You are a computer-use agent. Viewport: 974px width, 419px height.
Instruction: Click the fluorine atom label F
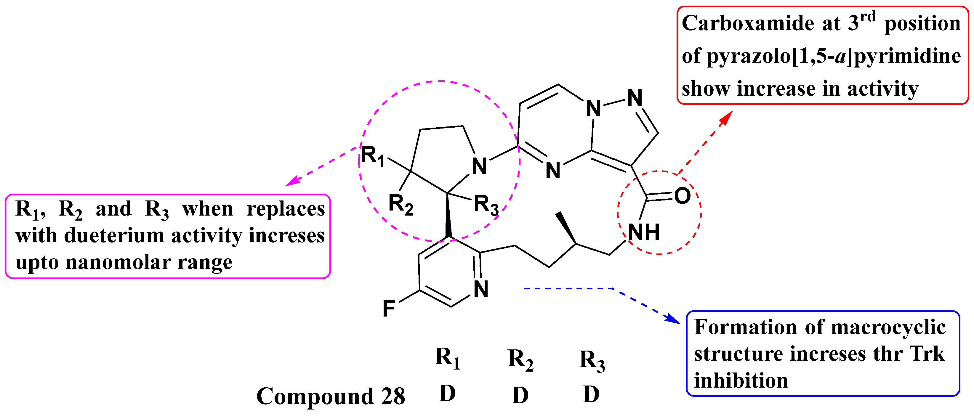pyautogui.click(x=389, y=309)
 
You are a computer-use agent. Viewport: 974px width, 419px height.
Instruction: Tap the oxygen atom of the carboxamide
pyautogui.click(x=682, y=196)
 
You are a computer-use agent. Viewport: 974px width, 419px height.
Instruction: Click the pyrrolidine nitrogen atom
pyautogui.click(x=479, y=166)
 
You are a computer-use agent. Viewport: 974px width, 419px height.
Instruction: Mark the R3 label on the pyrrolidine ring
pyautogui.click(x=486, y=205)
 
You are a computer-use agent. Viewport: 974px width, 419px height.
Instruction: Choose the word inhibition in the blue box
pyautogui.click(x=741, y=381)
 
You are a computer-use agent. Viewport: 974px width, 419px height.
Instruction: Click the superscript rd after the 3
pyautogui.click(x=868, y=17)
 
